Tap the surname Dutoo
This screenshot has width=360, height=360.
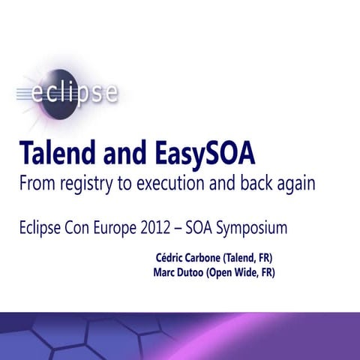[x=196, y=273]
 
